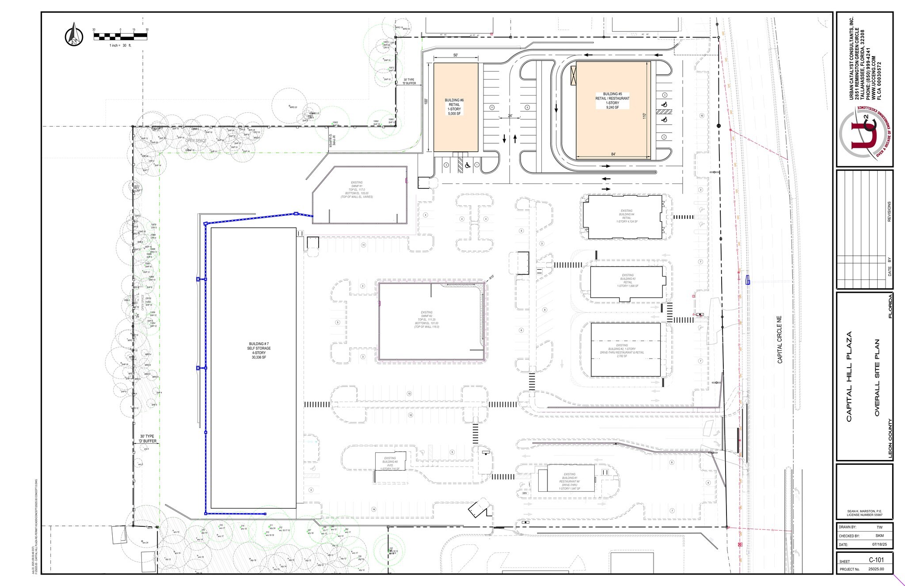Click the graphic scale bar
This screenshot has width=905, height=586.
(x=120, y=36)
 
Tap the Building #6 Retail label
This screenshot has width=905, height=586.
(x=454, y=107)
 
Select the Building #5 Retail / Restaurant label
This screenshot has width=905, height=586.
(x=612, y=100)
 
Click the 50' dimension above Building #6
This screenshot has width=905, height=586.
(x=456, y=55)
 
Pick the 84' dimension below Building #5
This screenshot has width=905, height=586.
(x=613, y=154)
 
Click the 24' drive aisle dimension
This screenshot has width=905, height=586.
(x=510, y=116)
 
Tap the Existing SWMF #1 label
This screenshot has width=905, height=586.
(x=357, y=189)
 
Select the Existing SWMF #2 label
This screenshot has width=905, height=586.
(x=427, y=320)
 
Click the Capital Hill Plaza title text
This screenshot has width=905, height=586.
(x=849, y=376)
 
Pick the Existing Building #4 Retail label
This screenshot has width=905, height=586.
(x=627, y=216)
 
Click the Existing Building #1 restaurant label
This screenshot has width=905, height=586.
(x=570, y=481)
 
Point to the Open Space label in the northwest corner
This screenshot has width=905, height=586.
(x=196, y=141)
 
